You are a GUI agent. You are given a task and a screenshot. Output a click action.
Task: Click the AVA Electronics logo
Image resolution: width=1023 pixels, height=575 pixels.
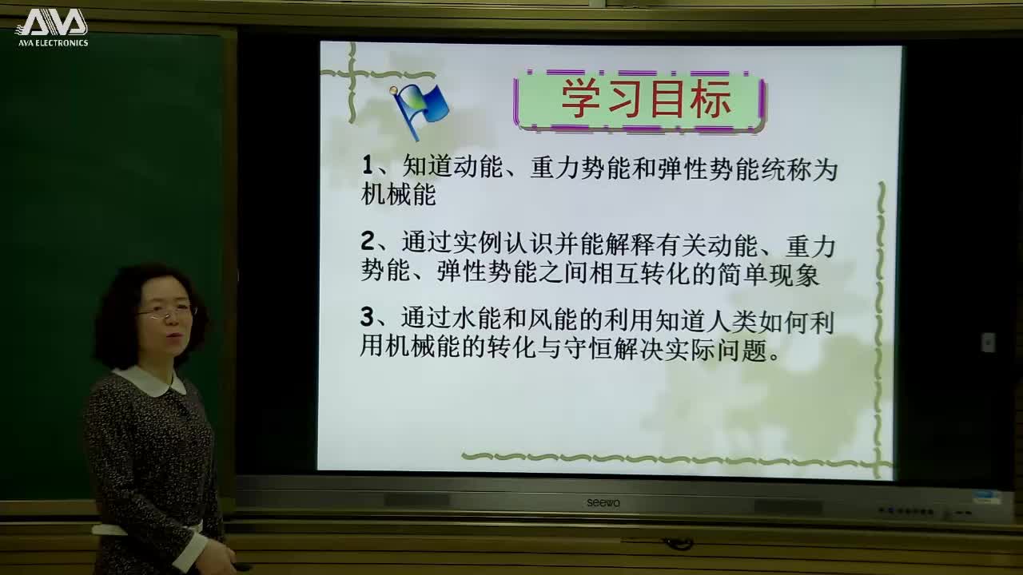click(52, 26)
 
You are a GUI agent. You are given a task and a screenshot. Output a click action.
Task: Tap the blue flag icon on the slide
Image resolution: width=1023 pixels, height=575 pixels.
click(421, 109)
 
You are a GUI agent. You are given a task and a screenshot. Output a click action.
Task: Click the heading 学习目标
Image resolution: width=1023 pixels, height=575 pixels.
click(646, 99)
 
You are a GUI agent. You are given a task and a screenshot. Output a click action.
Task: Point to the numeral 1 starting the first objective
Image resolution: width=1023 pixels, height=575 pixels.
click(368, 166)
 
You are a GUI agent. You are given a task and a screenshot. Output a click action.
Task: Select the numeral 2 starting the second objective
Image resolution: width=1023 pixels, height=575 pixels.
click(368, 241)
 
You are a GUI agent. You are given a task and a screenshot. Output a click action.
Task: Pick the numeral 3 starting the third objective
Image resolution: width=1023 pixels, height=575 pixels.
click(368, 318)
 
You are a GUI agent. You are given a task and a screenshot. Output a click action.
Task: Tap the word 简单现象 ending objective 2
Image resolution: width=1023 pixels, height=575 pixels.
click(772, 274)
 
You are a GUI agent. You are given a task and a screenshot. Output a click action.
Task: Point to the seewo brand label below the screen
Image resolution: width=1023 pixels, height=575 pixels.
click(603, 502)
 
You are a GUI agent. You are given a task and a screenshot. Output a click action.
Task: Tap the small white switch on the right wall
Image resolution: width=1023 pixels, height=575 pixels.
click(988, 342)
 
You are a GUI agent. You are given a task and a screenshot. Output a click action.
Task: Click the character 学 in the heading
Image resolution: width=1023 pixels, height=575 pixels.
click(578, 99)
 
